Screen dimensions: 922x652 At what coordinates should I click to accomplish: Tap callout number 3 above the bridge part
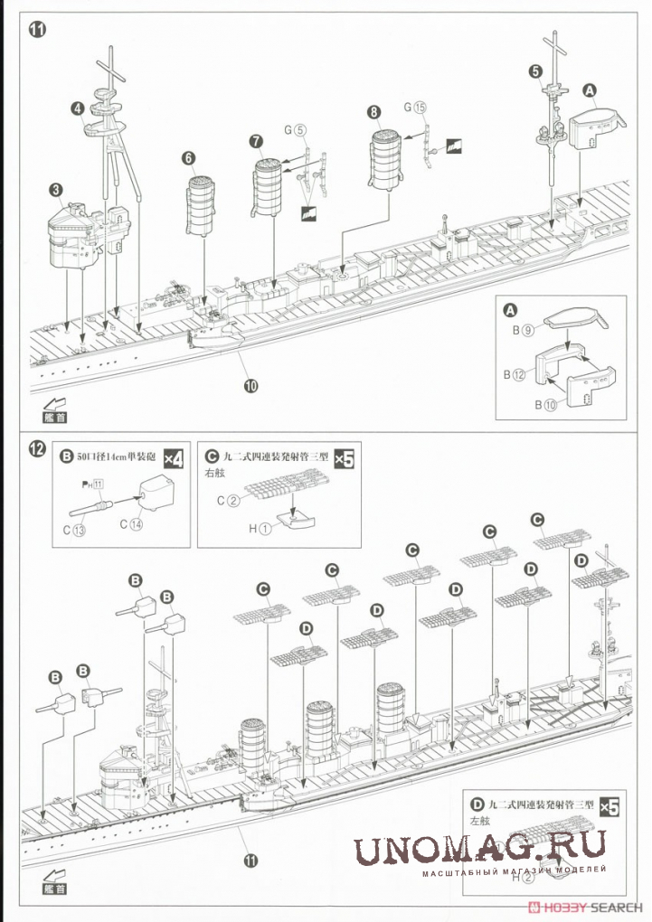coord(56,190)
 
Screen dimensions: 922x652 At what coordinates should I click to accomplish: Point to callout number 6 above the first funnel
coord(188,158)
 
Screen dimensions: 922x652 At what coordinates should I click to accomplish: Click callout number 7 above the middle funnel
coord(256,141)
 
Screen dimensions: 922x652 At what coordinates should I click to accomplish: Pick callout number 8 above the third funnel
coord(373,112)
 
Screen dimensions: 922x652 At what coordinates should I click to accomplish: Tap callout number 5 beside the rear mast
coord(535,71)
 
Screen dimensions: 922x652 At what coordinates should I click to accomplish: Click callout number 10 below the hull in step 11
coord(250,385)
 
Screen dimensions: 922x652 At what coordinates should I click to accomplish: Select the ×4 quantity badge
coord(173,458)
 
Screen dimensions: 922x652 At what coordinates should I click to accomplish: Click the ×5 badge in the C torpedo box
coord(344,458)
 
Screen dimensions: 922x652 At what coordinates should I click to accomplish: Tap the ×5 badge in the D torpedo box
coord(609,804)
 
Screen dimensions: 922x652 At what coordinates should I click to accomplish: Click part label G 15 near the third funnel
coord(414,107)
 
